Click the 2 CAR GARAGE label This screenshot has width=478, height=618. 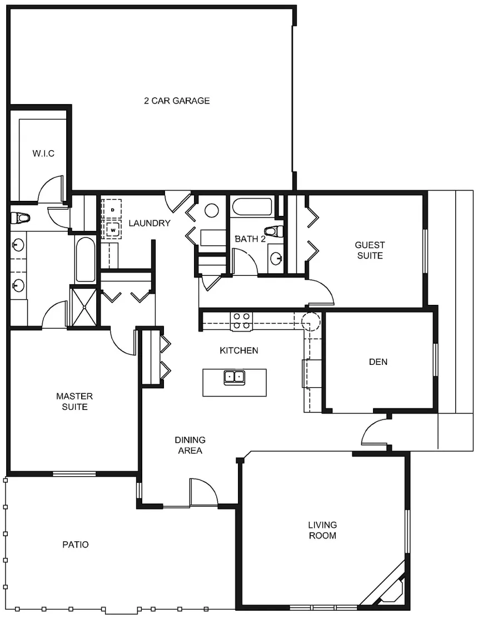point(177,101)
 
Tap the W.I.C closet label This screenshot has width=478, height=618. point(43,154)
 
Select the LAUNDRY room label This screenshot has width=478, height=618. point(149,223)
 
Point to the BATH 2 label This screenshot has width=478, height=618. point(250,239)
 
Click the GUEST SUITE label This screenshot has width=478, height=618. point(370,250)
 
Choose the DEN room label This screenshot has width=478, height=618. point(378,362)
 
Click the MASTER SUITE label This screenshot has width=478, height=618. point(74,401)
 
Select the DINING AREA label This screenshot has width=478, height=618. point(190,445)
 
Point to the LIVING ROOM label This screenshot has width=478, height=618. point(322,530)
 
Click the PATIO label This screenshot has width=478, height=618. point(76,545)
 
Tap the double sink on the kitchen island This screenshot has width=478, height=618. point(235,377)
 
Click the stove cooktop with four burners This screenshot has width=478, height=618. point(241,321)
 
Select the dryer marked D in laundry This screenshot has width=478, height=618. point(113,209)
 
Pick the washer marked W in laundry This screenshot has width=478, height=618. point(113,229)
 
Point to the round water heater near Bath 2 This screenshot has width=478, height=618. point(212,210)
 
